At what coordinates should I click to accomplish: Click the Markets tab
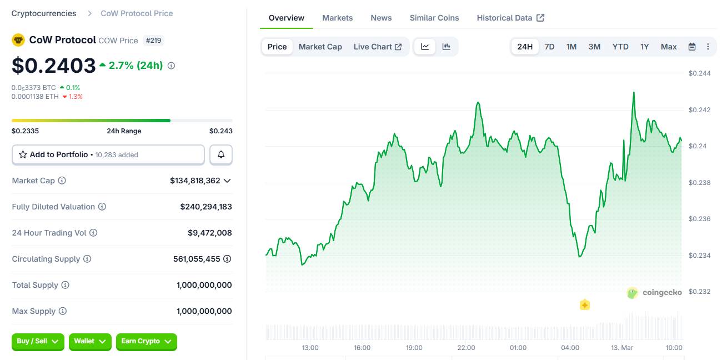pos(337,18)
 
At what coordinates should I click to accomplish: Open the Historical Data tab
pos(510,18)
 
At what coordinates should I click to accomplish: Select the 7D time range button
pos(549,47)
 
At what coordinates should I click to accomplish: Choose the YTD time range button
pos(620,47)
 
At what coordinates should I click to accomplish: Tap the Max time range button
pos(669,47)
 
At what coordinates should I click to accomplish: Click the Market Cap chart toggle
pos(320,47)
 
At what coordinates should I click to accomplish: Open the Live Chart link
pos(378,47)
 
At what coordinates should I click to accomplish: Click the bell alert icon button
pos(221,154)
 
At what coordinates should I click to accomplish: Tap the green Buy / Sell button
pos(38,342)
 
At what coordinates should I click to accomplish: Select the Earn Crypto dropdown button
pos(146,342)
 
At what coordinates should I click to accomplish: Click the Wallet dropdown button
pos(90,342)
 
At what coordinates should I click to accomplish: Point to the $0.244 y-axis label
pos(699,73)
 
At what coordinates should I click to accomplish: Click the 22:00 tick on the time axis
pos(466,348)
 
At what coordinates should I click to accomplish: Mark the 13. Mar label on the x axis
pos(622,348)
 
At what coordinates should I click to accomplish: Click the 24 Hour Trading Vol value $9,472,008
pos(209,233)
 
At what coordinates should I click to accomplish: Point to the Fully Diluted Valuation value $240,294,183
pos(205,207)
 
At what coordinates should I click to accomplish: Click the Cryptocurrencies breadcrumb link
pos(44,13)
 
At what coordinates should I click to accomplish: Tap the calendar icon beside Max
pos(692,47)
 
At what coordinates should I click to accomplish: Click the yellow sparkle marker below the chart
pos(584,305)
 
